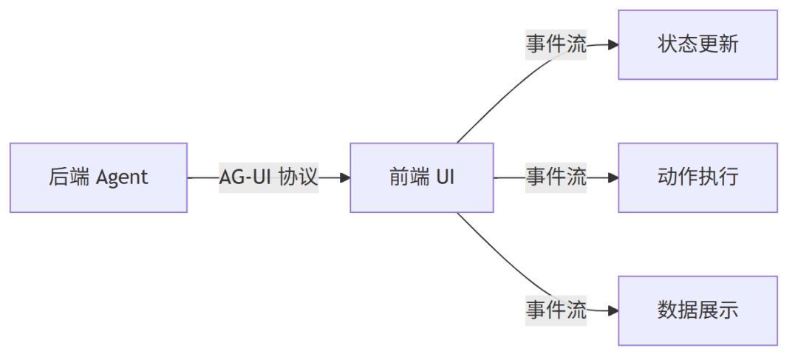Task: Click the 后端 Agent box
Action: pos(98,177)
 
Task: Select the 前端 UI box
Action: pos(421,177)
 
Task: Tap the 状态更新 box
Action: pos(698,44)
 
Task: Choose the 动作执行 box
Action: pos(698,177)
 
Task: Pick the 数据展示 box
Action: pos(698,310)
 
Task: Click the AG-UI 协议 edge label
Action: pos(268,177)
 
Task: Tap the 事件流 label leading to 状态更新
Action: pos(556,44)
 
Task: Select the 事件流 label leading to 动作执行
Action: pos(556,177)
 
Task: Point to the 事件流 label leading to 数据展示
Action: pos(556,310)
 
